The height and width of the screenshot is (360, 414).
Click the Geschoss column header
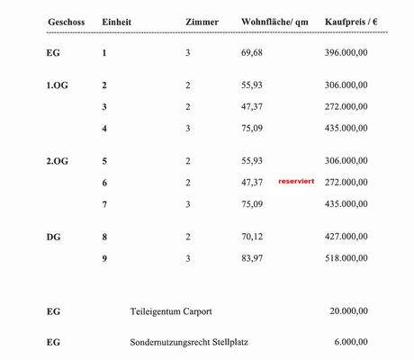[66, 21]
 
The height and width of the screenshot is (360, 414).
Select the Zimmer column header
[201, 21]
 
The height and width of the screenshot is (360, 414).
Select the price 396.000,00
[346, 53]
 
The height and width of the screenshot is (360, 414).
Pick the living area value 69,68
[251, 53]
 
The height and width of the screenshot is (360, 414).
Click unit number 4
[104, 128]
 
